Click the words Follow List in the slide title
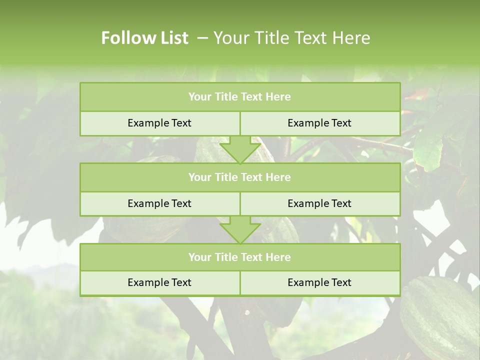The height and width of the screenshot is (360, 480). [144, 38]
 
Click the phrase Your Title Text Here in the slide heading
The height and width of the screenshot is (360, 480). [291, 38]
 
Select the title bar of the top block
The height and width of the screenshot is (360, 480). [240, 97]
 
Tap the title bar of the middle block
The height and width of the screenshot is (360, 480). [240, 177]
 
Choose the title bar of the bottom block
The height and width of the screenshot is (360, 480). [240, 257]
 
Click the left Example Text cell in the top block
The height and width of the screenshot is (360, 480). [159, 123]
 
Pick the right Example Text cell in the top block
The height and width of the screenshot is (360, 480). [319, 123]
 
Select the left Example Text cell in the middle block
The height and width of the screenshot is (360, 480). [159, 203]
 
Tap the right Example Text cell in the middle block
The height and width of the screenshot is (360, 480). [319, 203]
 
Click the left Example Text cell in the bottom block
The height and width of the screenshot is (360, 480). [159, 282]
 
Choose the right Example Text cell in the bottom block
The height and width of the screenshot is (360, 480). [319, 282]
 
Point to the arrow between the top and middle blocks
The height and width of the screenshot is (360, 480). [240, 150]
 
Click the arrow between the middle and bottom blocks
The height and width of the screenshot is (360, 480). [240, 230]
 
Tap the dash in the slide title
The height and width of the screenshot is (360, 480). [202, 38]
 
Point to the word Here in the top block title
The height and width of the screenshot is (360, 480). [278, 97]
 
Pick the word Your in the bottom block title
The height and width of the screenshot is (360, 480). [199, 257]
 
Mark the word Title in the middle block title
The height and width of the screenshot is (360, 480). [225, 177]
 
